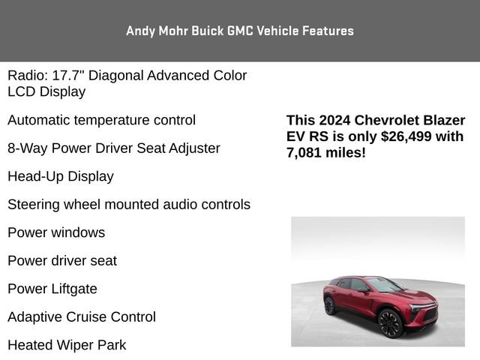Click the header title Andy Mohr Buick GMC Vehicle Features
240,31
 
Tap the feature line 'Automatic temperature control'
101,120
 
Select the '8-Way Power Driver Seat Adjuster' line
113,148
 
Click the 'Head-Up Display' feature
60,176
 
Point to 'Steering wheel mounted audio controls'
129,205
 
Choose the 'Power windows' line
56,232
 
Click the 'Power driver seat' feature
62,261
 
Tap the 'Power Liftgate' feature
52,289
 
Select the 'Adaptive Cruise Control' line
82,317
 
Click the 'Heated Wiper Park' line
67,345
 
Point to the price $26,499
406,136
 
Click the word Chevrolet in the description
388,121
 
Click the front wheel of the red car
391,323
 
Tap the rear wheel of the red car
329,306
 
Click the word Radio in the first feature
26,76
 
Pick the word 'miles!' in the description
346,153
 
